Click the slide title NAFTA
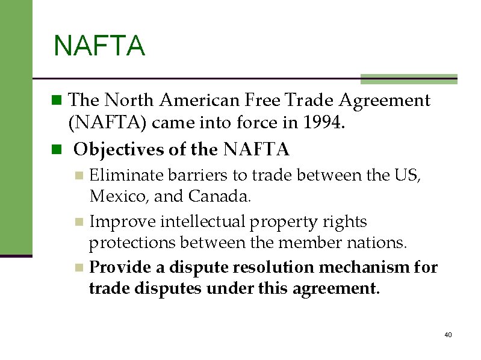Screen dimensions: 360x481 click(99, 46)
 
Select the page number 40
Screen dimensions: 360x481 click(447, 335)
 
